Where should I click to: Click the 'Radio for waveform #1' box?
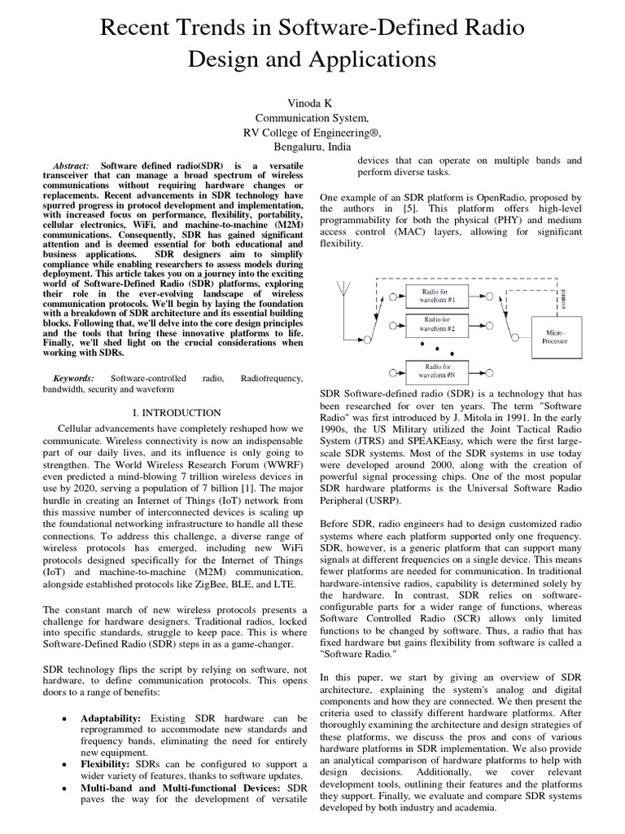[x=439, y=295]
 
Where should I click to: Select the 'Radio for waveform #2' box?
[x=439, y=325]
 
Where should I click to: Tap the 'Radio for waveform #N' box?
[x=439, y=371]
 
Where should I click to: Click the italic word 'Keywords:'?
[x=73, y=379]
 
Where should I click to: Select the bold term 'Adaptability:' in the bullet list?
[x=111, y=719]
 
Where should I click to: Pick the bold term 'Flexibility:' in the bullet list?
[x=106, y=766]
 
